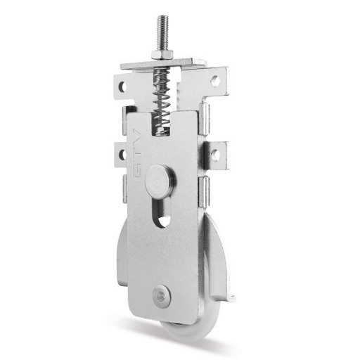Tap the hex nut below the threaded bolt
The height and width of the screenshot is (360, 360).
tap(162, 55)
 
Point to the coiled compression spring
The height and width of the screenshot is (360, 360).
tap(162, 100)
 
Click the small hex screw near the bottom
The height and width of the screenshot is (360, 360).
tap(161, 296)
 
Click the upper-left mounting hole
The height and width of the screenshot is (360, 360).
tap(122, 87)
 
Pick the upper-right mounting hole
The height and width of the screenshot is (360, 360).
tap(215, 81)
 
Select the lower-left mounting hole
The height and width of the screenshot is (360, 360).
tap(122, 155)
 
